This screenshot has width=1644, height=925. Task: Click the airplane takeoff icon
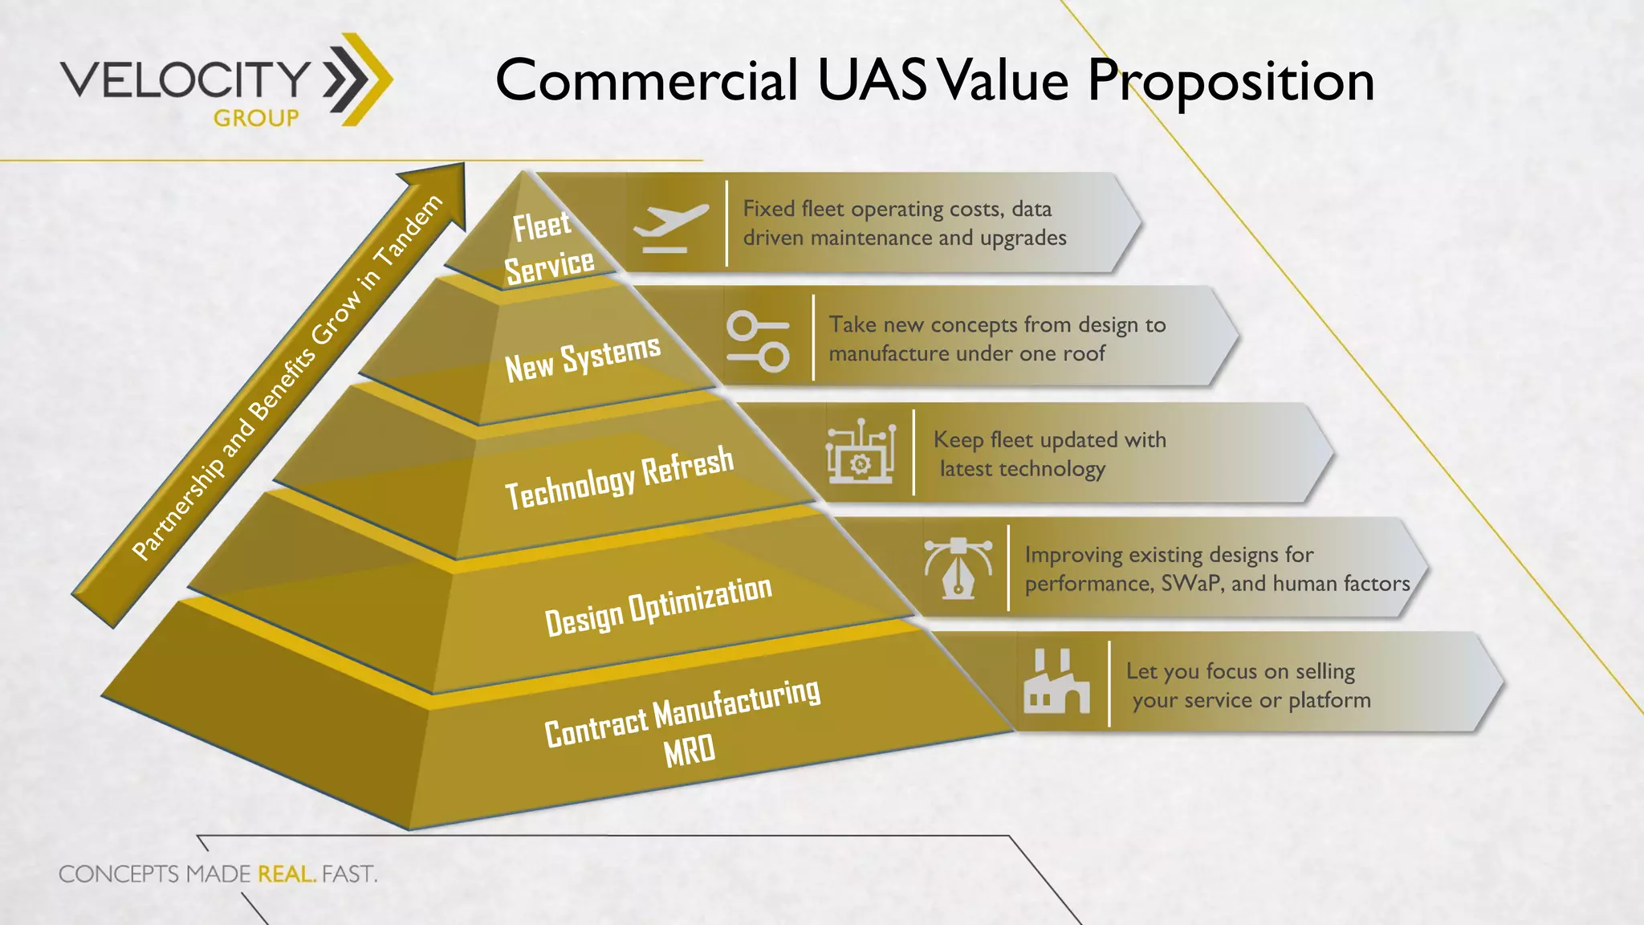(670, 227)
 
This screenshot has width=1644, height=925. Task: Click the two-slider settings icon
(758, 341)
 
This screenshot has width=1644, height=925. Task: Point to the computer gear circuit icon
(861, 451)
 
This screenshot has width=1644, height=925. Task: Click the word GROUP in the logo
(256, 119)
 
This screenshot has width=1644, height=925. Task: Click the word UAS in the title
(873, 80)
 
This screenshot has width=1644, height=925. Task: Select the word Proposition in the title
(1231, 82)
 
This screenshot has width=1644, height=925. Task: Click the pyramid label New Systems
(583, 358)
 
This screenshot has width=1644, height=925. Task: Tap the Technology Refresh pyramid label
(619, 477)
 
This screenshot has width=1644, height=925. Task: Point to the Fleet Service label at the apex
(547, 247)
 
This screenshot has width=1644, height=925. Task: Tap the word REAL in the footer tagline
(286, 874)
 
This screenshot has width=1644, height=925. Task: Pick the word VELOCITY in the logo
(185, 79)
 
